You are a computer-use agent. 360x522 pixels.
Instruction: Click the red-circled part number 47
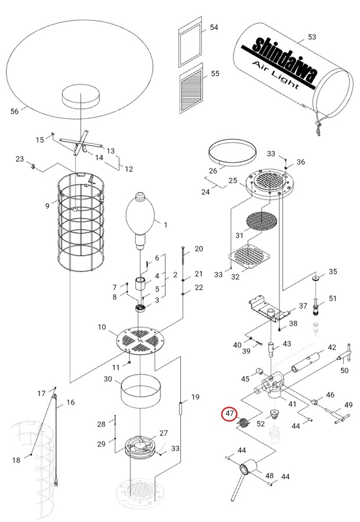pos(230,414)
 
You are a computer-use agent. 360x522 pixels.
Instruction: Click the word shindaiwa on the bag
pos(284,57)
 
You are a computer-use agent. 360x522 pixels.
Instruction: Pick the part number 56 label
pos(15,111)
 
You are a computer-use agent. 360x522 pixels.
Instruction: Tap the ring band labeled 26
pos(232,152)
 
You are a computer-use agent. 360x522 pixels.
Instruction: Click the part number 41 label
pos(293,404)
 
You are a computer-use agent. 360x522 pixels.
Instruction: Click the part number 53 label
pos(312,38)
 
